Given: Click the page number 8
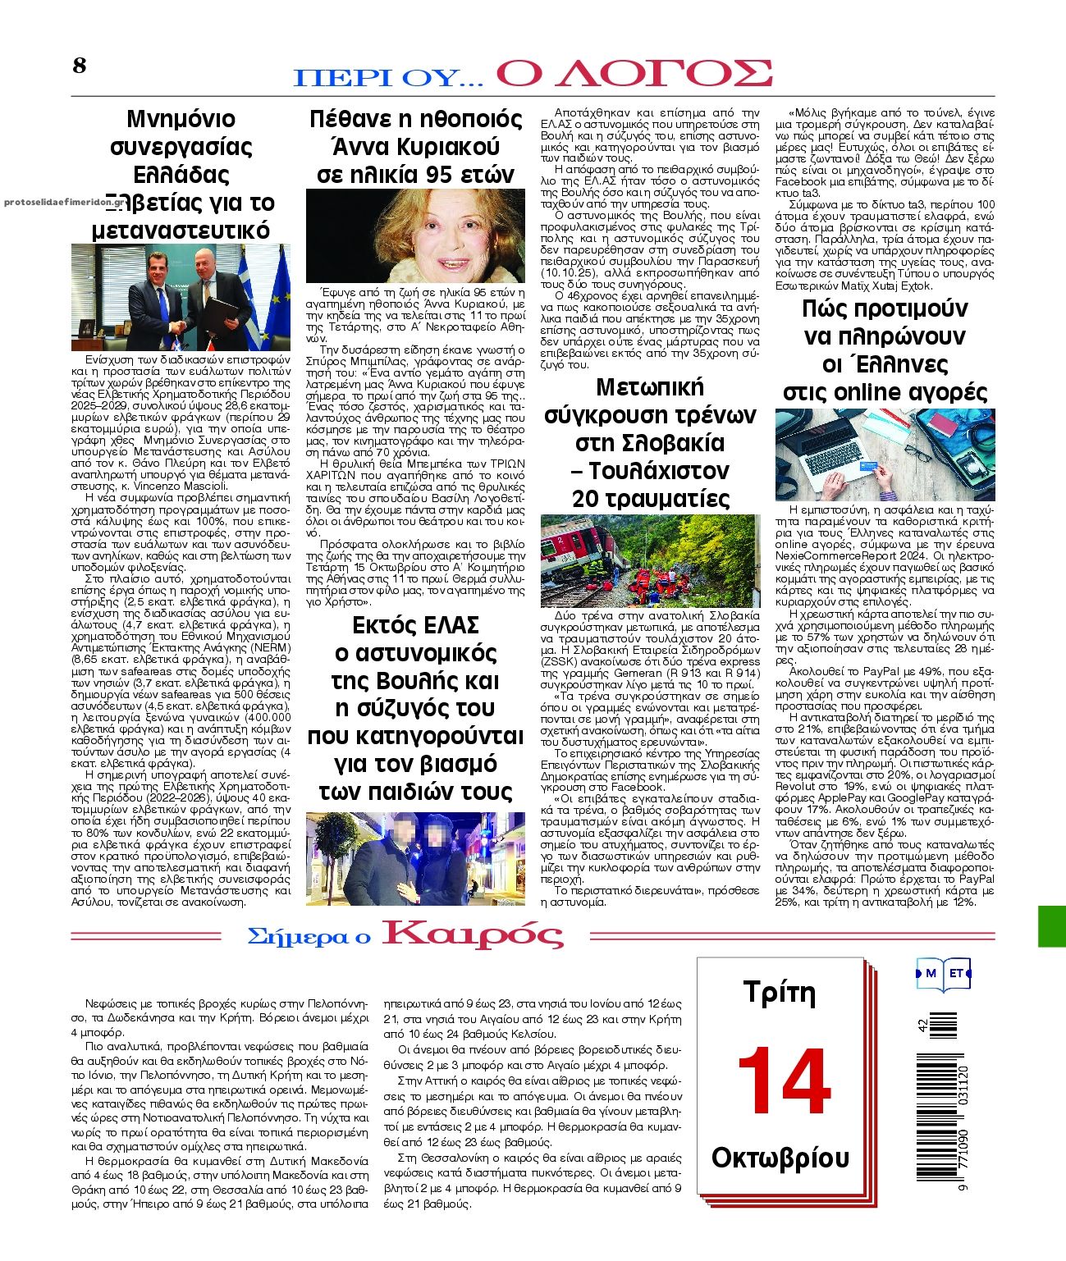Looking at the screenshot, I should tap(79, 66).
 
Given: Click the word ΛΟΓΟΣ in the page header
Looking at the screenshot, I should tap(634, 73).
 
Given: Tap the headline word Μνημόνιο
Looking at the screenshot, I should tap(181, 119).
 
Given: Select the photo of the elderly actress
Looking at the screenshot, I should tap(415, 235).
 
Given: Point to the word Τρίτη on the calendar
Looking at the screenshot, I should tap(779, 993).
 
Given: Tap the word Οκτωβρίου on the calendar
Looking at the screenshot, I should tap(780, 1158).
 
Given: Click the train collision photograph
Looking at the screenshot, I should tap(651, 560).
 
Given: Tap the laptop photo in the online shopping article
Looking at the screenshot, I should tap(885, 455).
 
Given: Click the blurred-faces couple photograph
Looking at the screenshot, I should tap(415, 858).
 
